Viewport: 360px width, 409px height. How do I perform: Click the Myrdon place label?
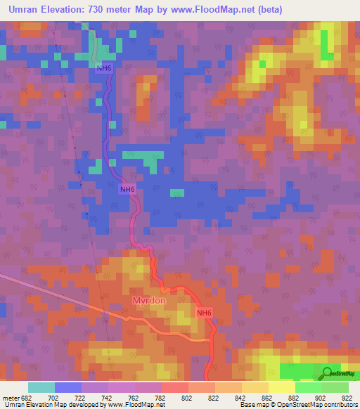click(149, 301)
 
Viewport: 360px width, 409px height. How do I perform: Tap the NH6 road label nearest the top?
click(103, 67)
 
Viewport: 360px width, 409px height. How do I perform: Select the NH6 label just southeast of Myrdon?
click(204, 313)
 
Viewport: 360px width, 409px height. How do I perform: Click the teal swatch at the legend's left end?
click(41, 387)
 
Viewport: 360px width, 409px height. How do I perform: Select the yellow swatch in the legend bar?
click(281, 387)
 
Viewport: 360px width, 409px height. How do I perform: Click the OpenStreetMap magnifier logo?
click(326, 372)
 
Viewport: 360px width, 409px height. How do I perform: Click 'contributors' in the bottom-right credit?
click(340, 405)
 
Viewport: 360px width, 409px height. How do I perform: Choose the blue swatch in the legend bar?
click(68, 387)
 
